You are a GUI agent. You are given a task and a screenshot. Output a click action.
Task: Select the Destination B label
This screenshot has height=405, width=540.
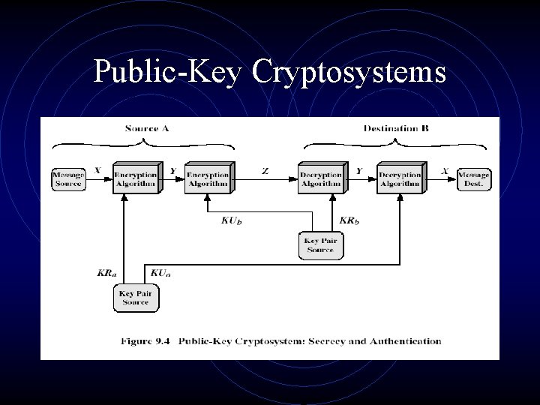(x=396, y=128)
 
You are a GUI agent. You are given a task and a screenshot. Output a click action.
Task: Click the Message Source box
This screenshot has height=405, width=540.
(x=67, y=179)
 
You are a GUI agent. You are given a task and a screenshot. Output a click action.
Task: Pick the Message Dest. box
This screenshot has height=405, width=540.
(x=474, y=179)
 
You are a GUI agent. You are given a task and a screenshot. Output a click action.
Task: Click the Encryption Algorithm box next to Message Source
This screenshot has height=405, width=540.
(x=136, y=178)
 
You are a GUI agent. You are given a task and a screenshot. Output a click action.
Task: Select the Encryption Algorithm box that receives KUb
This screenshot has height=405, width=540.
(x=208, y=178)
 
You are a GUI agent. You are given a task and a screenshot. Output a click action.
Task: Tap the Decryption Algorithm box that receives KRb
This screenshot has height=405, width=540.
(x=320, y=178)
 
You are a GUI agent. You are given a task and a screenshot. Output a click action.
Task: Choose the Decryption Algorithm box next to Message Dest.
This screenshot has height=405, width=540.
(x=399, y=178)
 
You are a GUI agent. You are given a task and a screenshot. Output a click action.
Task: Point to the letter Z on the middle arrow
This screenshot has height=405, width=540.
(x=265, y=171)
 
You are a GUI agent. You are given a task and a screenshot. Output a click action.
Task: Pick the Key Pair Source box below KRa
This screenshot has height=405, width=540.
(x=136, y=297)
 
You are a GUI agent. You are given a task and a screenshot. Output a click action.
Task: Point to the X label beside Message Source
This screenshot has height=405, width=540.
(x=97, y=171)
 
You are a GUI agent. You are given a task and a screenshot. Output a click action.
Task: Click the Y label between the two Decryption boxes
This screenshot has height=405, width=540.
(x=358, y=171)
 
